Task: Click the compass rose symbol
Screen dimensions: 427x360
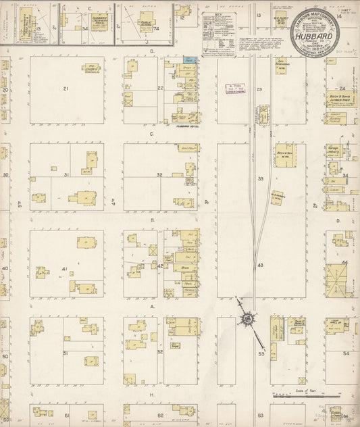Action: click(248, 318)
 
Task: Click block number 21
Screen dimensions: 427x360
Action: click(66, 89)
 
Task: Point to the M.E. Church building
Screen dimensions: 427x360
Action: click(91, 69)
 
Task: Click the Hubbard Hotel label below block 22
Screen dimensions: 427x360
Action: click(184, 126)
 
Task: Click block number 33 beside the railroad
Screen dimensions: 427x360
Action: click(260, 178)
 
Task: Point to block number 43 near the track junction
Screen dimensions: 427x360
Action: click(260, 266)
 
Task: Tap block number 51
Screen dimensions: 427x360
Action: click(66, 353)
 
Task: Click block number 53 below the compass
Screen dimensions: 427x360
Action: click(261, 353)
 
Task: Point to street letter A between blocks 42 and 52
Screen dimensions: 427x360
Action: click(152, 307)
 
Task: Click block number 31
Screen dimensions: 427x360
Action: click(66, 175)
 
